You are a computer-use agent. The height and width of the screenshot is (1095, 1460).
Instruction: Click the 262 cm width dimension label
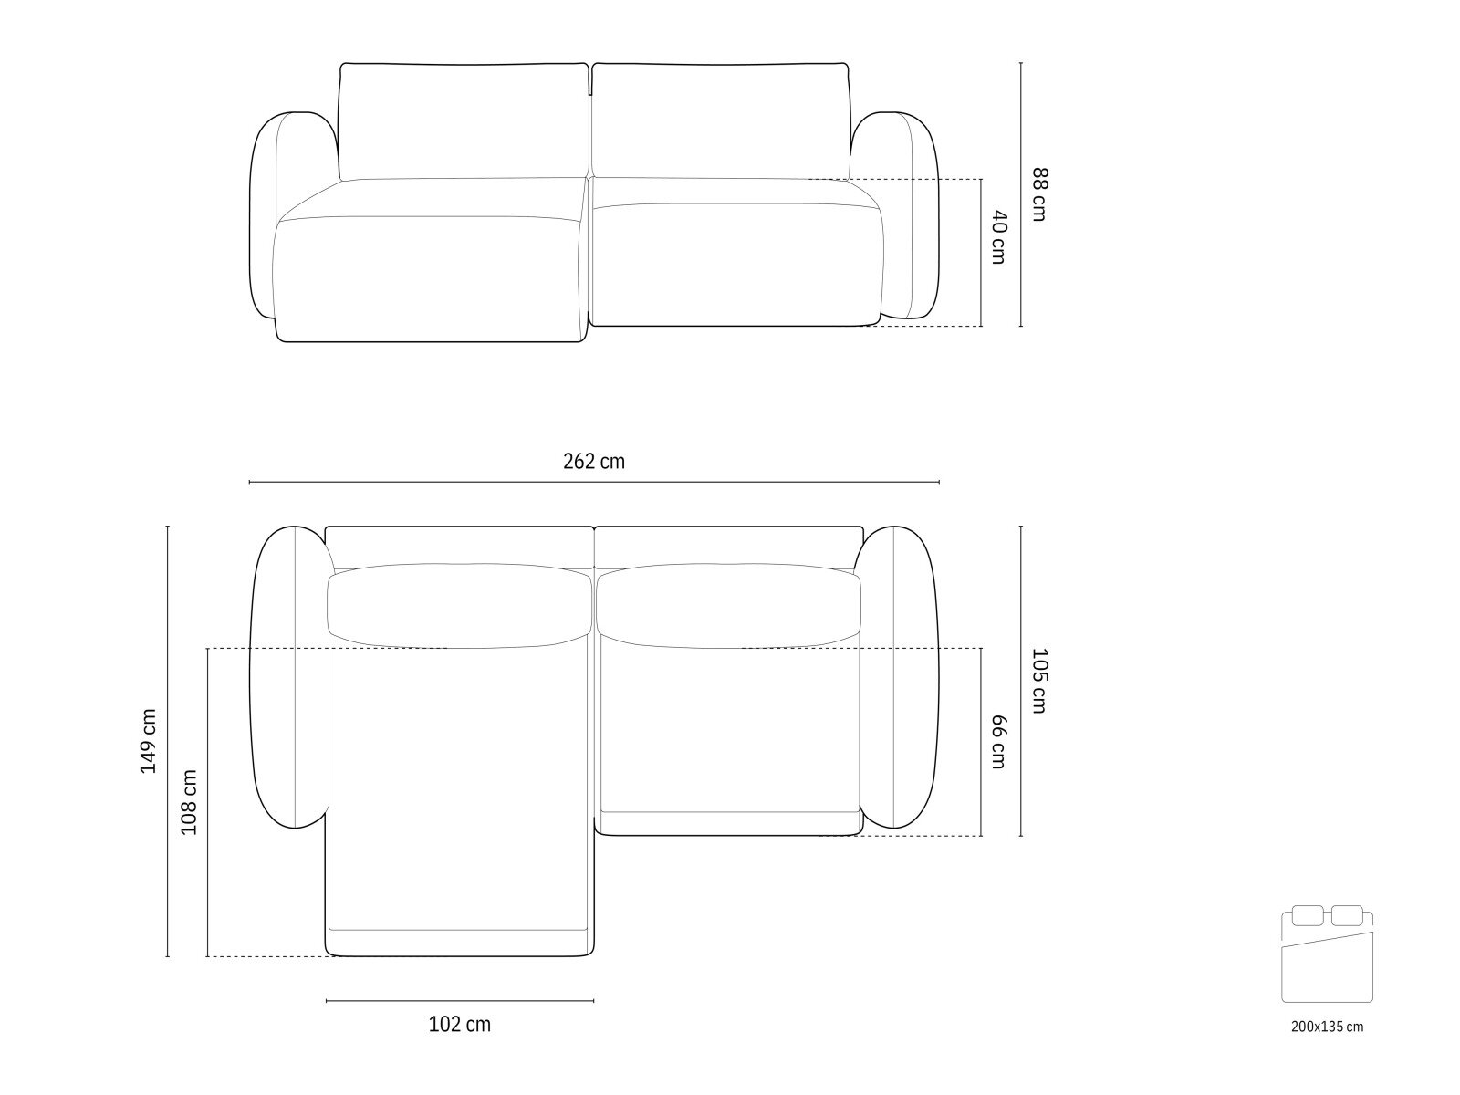pyautogui.click(x=593, y=462)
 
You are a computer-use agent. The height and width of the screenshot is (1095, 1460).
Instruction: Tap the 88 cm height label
pyautogui.click(x=1039, y=193)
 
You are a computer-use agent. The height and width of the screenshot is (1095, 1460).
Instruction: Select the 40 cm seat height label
pyautogui.click(x=999, y=237)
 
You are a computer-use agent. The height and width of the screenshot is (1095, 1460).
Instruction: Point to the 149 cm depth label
pyautogui.click(x=149, y=741)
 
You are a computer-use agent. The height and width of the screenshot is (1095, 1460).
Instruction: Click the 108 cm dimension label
pyautogui.click(x=189, y=802)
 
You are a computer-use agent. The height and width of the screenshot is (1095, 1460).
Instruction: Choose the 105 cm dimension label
pyautogui.click(x=1039, y=681)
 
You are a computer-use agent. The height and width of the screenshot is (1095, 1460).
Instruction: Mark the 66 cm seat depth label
pyautogui.click(x=998, y=742)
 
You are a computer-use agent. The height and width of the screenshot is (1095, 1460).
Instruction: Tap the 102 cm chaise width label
pyautogui.click(x=460, y=1025)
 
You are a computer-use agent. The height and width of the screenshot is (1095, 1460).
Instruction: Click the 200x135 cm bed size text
pyautogui.click(x=1327, y=1027)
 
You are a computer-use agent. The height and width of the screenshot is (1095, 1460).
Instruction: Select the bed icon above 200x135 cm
pyautogui.click(x=1327, y=954)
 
